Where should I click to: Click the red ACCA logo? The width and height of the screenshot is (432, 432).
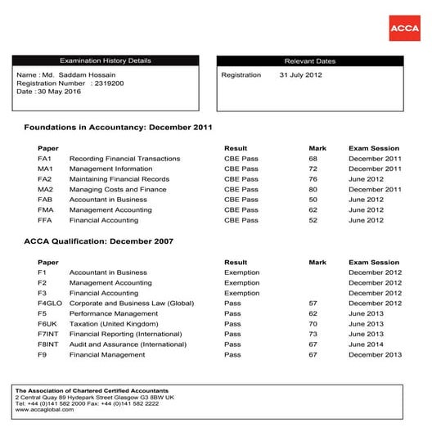pos(404,27)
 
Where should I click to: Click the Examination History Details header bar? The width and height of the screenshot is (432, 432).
pos(106,61)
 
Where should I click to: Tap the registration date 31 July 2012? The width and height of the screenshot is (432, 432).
pos(301,75)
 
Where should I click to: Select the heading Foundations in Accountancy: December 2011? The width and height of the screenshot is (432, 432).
pos(118,128)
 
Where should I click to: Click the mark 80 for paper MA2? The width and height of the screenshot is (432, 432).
pos(313,189)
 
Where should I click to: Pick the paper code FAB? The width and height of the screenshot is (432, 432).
pos(45,200)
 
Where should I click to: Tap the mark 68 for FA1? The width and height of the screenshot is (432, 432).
pos(313,159)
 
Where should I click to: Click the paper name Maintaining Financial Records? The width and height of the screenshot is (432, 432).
pos(119,179)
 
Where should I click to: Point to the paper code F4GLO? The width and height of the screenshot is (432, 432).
pos(50,304)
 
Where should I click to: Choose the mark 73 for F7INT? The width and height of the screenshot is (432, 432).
pos(313,335)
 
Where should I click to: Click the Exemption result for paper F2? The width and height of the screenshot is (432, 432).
pos(241,283)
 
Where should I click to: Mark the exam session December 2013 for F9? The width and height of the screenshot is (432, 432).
pos(375,355)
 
